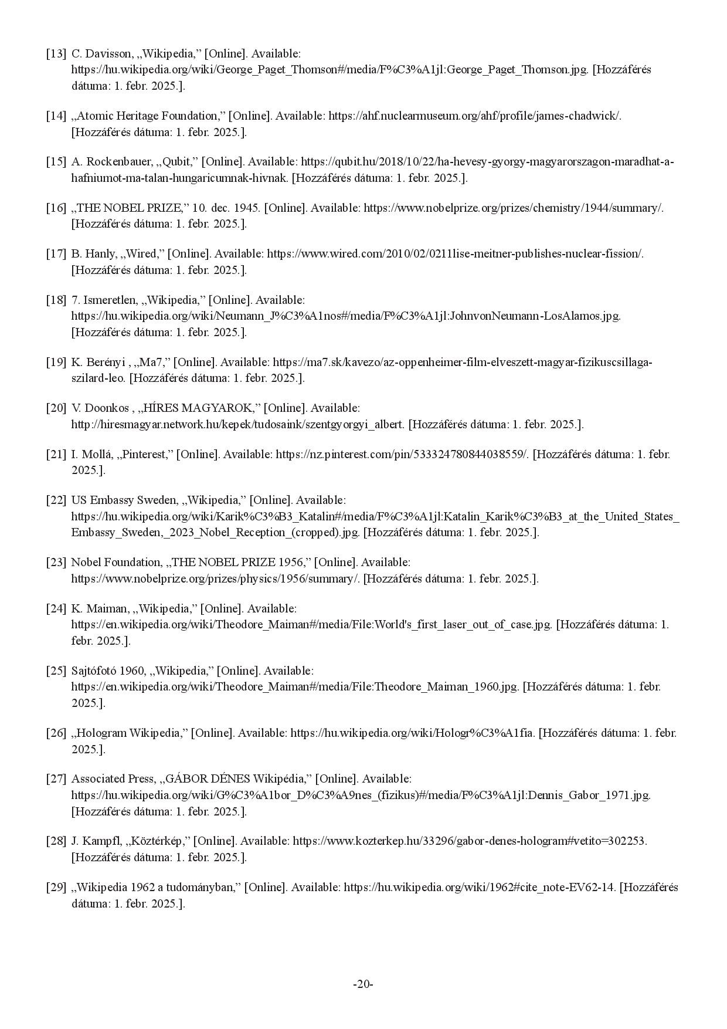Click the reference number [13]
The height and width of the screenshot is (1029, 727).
pyautogui.click(x=56, y=53)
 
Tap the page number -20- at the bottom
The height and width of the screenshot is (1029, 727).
pyautogui.click(x=363, y=984)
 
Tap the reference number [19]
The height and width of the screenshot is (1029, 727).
pyautogui.click(x=56, y=362)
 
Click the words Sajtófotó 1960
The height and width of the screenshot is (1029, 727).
pyautogui.click(x=108, y=671)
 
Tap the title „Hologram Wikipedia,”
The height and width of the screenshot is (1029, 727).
pyautogui.click(x=129, y=733)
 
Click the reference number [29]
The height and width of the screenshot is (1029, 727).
pyautogui.click(x=56, y=887)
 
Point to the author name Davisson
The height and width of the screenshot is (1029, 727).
pyautogui.click(x=108, y=53)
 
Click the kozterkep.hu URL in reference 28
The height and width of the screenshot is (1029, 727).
pyautogui.click(x=469, y=841)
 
